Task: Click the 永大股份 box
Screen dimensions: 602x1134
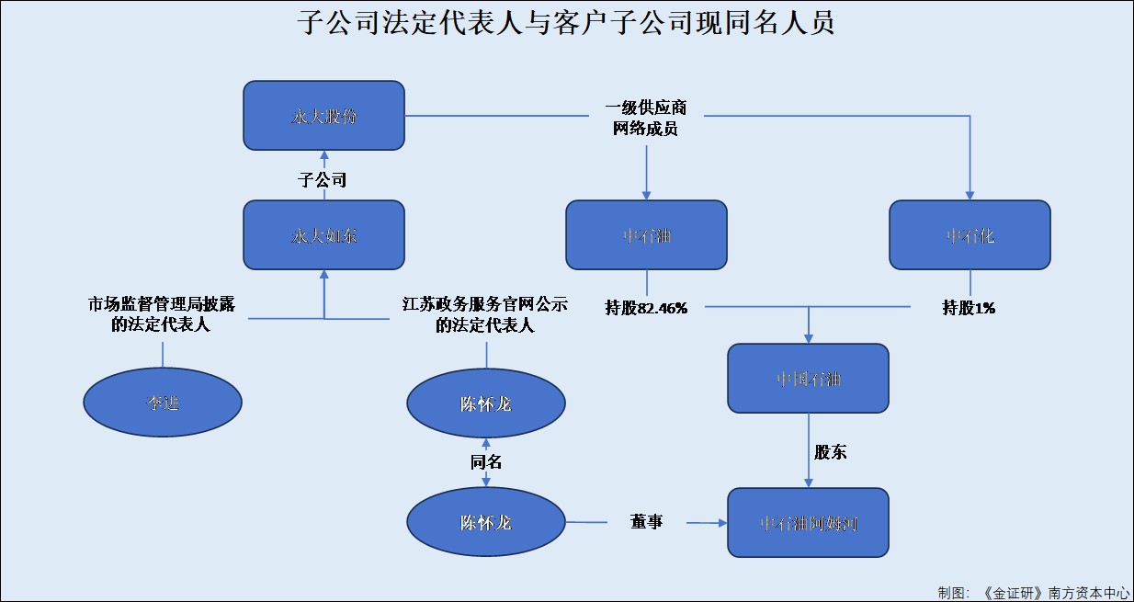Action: coord(323,116)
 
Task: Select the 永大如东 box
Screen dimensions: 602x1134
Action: coord(323,235)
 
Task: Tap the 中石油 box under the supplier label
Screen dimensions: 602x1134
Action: coord(646,235)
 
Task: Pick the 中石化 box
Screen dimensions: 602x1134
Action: coord(970,235)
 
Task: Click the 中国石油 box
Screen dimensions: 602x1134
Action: coord(808,378)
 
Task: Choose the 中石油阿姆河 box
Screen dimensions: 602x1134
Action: coord(808,522)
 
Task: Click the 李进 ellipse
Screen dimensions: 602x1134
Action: coord(163,403)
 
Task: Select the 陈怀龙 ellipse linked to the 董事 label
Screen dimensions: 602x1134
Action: coord(486,522)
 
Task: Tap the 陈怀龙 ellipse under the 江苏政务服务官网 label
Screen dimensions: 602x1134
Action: coord(486,403)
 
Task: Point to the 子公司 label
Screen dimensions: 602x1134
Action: coord(323,179)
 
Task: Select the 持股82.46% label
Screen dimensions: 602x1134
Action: coord(646,308)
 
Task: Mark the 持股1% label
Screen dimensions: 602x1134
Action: coord(969,308)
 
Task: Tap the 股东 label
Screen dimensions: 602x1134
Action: coord(831,452)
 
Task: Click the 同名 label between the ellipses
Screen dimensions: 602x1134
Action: coord(486,462)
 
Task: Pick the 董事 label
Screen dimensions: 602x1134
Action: coord(646,522)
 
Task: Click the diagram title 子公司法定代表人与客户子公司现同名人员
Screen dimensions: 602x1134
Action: coord(566,23)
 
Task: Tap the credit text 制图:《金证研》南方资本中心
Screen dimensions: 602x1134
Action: coord(1033,592)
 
